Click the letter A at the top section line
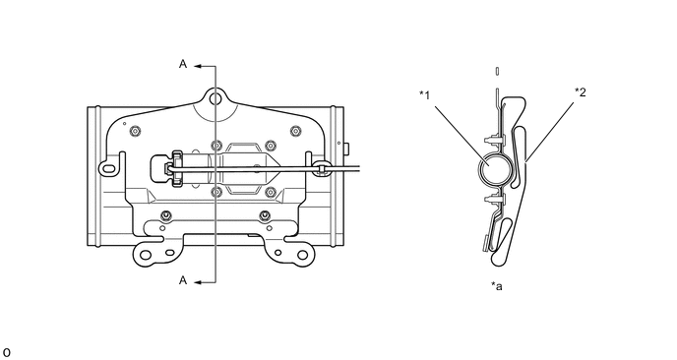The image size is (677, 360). pyautogui.click(x=183, y=64)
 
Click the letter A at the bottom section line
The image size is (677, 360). pyautogui.click(x=183, y=280)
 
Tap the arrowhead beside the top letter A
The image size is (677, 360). pyautogui.click(x=198, y=67)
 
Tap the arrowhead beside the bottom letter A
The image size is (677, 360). pyautogui.click(x=198, y=282)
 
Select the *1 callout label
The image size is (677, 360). pyautogui.click(x=425, y=95)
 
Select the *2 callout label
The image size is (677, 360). pyautogui.click(x=581, y=91)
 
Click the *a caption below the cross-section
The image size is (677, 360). pyautogui.click(x=497, y=286)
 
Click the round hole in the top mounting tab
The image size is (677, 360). pyautogui.click(x=215, y=99)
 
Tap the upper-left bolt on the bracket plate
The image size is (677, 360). pyautogui.click(x=136, y=131)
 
